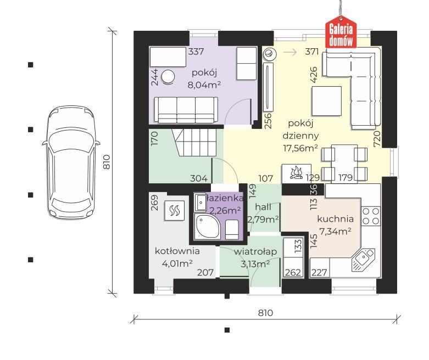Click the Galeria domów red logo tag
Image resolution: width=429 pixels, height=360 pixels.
click(x=341, y=32)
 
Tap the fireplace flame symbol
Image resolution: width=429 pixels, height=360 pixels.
click(x=296, y=173)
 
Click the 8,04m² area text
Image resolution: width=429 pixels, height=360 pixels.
click(x=204, y=85)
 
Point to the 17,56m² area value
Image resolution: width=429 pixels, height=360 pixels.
click(x=300, y=148)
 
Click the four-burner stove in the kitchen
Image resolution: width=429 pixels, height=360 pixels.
click(x=371, y=216)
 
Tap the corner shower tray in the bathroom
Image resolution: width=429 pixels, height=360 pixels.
click(x=205, y=226)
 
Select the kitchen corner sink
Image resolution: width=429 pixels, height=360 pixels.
click(x=363, y=260)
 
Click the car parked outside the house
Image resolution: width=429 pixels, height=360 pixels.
click(x=71, y=162)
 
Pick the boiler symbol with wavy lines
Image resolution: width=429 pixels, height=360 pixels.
click(x=174, y=211)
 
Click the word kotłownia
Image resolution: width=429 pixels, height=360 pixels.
click(x=177, y=251)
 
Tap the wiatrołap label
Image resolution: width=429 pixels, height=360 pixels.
click(x=255, y=251)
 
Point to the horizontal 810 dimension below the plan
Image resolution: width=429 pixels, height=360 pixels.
click(x=265, y=312)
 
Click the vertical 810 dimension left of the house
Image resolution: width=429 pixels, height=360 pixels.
click(x=106, y=162)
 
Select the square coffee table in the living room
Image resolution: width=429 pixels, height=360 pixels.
click(x=327, y=101)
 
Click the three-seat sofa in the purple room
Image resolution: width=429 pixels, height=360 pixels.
click(x=186, y=110)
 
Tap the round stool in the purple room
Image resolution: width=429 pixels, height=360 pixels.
click(x=168, y=76)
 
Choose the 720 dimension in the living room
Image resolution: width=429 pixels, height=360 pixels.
click(x=377, y=139)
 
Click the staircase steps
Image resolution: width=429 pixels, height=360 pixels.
click(x=194, y=143)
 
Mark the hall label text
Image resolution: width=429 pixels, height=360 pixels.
click(x=263, y=207)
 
